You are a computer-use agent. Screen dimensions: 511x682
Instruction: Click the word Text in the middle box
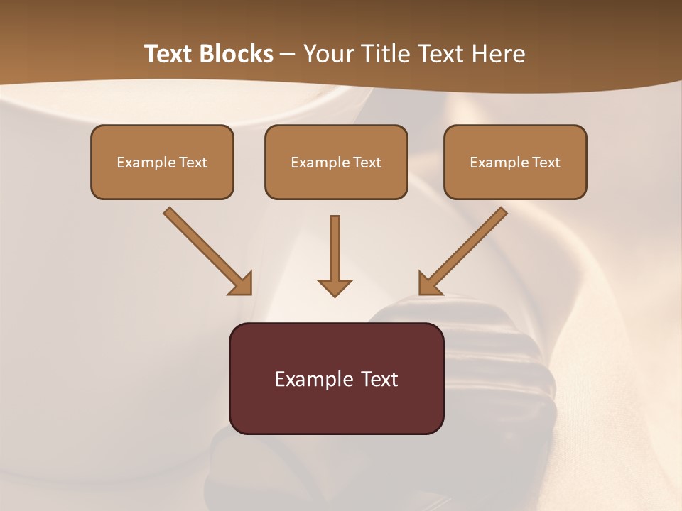tap(367, 163)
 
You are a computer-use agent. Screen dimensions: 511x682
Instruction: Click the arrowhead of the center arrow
tap(335, 287)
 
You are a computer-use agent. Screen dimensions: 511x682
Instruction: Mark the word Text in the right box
tap(546, 163)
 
